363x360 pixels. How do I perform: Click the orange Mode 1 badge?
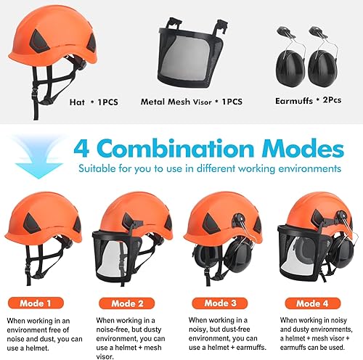(x=36, y=303)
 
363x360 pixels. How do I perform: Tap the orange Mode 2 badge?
(x=127, y=303)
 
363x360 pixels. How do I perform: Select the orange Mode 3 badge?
(x=220, y=303)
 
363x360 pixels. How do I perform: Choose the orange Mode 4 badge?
(x=312, y=303)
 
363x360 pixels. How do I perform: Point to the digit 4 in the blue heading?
(x=81, y=148)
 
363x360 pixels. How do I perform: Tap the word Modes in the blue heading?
(x=303, y=147)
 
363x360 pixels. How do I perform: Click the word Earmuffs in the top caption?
(x=294, y=101)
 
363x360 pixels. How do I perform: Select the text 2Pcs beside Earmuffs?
(x=332, y=100)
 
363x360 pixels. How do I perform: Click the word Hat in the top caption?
(x=77, y=102)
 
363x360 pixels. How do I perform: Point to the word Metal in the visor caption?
(x=153, y=102)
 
